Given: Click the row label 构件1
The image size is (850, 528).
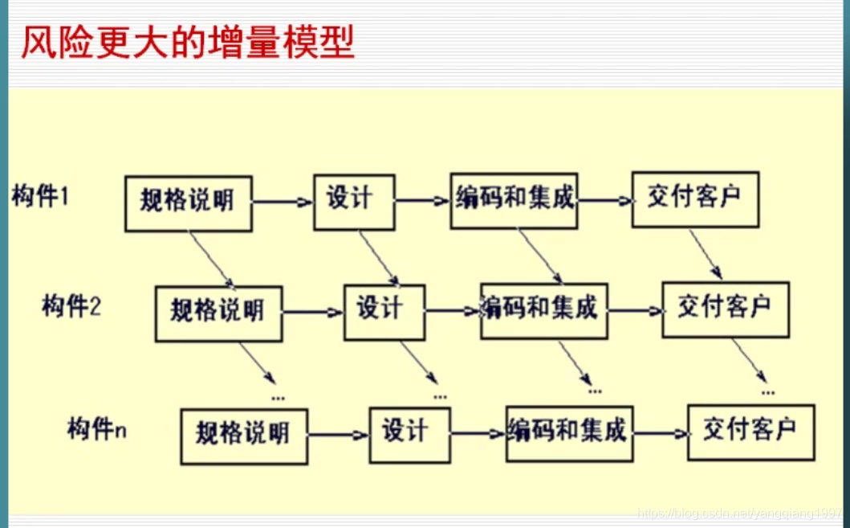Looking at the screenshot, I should click(41, 195).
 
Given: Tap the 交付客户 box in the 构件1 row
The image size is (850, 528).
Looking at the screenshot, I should click(694, 199).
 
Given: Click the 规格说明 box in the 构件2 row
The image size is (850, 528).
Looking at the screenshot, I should click(218, 313).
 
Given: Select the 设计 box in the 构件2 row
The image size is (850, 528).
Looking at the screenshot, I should click(384, 311).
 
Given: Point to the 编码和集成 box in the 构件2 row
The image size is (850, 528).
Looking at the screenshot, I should click(543, 310).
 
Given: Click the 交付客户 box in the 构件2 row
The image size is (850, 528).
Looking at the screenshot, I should click(725, 309).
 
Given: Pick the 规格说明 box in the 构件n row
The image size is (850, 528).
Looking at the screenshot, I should click(243, 436).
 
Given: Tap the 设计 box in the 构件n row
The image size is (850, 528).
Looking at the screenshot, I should click(409, 433).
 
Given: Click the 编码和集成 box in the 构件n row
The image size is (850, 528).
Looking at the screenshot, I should click(569, 432).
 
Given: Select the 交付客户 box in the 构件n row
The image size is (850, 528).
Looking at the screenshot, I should click(750, 432).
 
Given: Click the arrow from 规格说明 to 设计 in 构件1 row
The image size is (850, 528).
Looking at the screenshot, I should click(283, 203).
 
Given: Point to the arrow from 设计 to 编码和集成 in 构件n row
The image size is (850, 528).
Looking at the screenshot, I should click(478, 434).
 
